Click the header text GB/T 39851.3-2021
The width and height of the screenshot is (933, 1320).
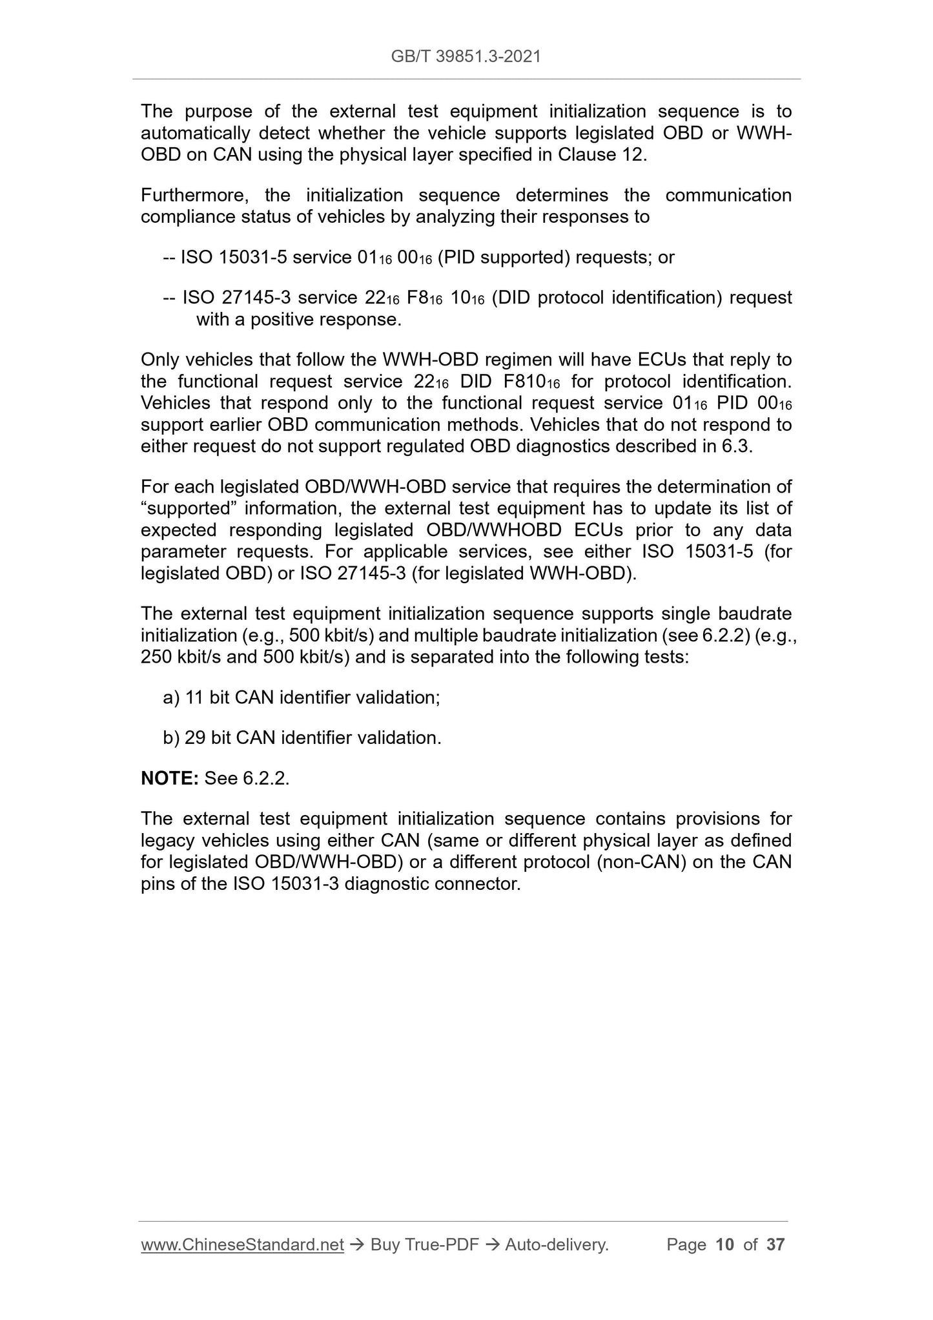(x=466, y=57)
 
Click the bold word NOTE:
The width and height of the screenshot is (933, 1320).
(x=169, y=778)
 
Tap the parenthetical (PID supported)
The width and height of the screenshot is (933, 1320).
(x=504, y=257)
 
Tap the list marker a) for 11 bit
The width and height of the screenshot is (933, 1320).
(x=171, y=697)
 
